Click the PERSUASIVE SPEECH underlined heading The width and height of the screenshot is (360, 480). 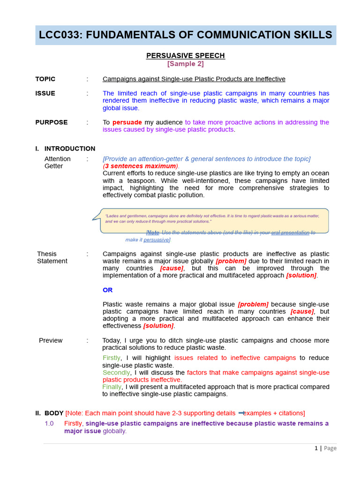click(186, 55)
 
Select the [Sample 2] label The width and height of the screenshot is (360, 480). click(186, 64)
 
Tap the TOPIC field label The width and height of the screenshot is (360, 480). click(45, 79)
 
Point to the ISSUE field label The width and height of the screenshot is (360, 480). click(45, 93)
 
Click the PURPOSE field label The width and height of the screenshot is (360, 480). click(52, 122)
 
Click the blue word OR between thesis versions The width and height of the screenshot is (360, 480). click(108, 290)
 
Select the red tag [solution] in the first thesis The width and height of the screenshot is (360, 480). click(301, 275)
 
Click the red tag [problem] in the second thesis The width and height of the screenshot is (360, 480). click(253, 304)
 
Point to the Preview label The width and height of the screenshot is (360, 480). click(51, 340)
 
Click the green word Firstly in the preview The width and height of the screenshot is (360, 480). click(112, 358)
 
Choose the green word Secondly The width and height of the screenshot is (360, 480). click(116, 373)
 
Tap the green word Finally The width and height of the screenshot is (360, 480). click(112, 387)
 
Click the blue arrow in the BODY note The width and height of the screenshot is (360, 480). click(241, 413)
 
